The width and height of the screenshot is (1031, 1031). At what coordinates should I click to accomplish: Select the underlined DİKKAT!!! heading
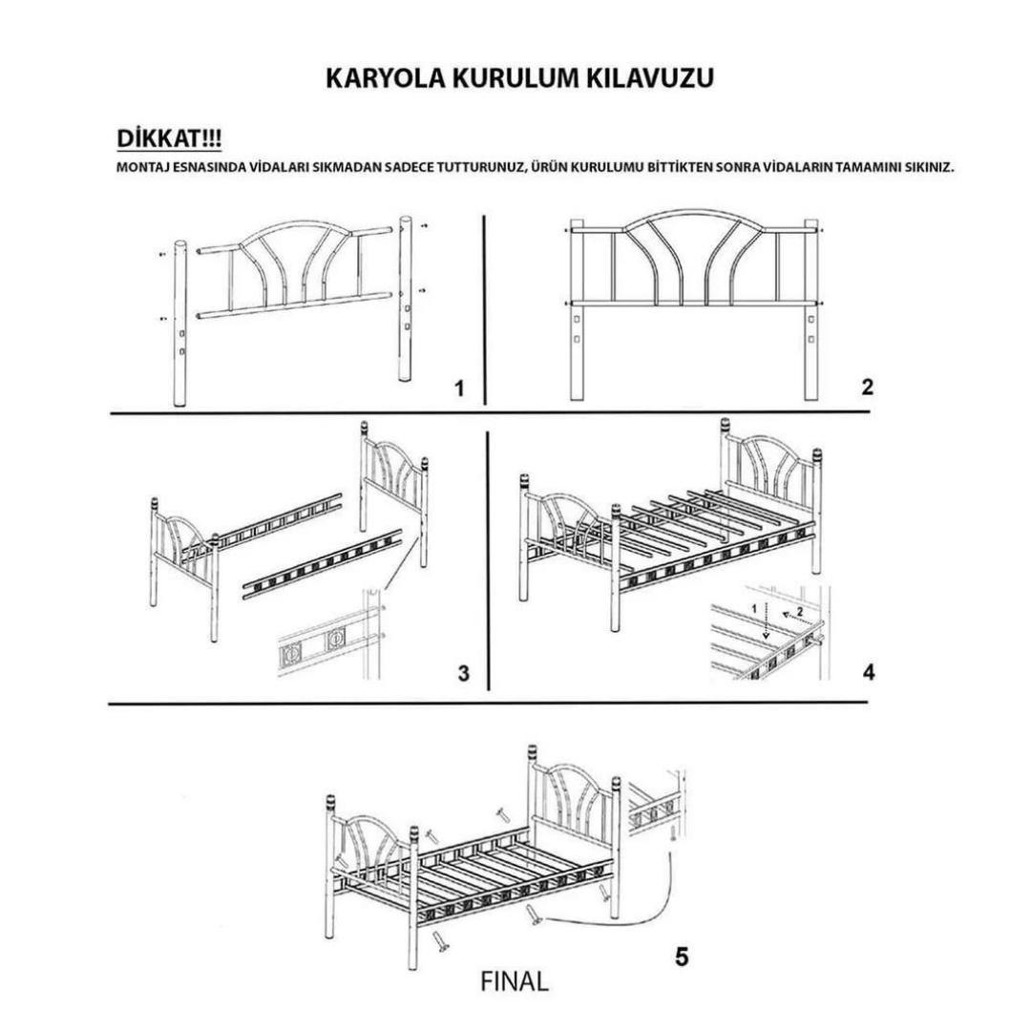169,139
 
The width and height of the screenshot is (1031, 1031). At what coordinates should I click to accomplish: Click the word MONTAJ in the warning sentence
140,168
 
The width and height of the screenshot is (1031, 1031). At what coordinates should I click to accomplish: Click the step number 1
459,389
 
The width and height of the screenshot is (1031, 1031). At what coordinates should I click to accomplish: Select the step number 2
866,387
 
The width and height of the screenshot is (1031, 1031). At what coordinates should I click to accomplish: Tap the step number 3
464,673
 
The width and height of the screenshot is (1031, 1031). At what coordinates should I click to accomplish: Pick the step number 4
868,672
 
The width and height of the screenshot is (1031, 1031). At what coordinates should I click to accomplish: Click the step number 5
681,956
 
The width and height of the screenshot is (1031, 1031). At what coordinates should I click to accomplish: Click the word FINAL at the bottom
515,981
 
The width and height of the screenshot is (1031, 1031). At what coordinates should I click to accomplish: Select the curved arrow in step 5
621,915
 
